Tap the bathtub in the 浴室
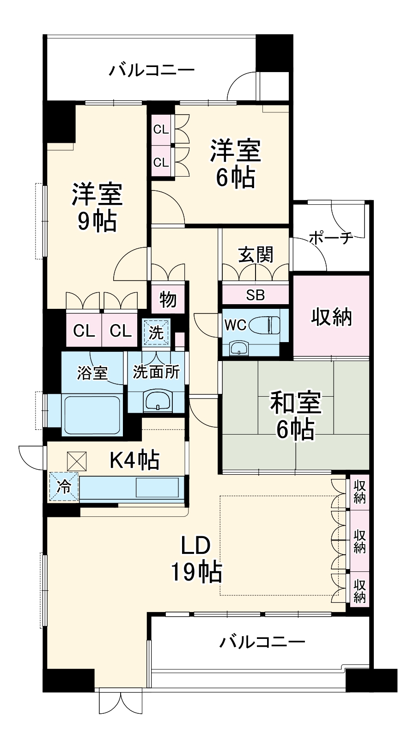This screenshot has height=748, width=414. pos(92,415)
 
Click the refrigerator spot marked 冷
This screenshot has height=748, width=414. pos(64,487)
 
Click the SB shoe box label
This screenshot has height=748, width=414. pos(256,294)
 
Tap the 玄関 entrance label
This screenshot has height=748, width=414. pos(256,255)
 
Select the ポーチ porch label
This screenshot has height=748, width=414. pos(331,238)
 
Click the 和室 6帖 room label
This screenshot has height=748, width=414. pos(295,416)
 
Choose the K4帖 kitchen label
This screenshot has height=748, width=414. pos(135,460)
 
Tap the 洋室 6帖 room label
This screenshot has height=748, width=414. pos(235,164)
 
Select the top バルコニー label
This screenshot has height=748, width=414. pos(152,70)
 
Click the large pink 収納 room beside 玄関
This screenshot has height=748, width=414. pos(331,316)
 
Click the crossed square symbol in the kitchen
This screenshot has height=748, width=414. pos(77,461)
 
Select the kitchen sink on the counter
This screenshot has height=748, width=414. pos(157,488)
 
